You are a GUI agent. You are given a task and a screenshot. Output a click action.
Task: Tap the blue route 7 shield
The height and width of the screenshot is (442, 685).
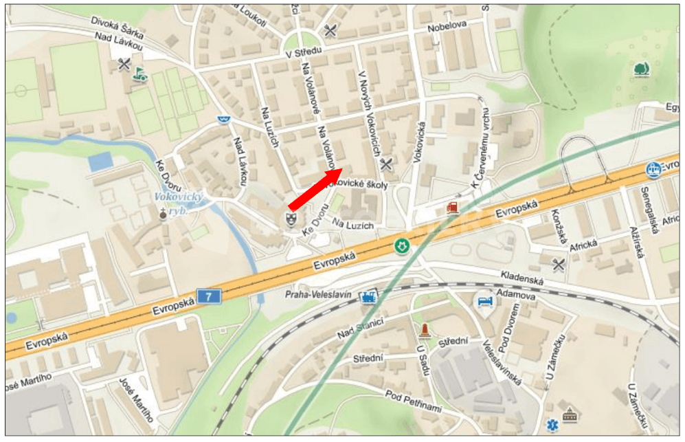pos(209,296)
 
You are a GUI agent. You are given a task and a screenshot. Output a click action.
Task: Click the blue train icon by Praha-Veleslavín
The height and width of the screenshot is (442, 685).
pos(369,297)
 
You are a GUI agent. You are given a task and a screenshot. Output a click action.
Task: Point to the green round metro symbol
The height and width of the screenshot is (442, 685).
pos(401,245)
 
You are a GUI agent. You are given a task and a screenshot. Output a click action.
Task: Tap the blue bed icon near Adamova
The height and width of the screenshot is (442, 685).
pos(485,300)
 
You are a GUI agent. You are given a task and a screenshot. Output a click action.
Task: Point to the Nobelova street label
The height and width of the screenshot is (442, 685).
pos(447,25)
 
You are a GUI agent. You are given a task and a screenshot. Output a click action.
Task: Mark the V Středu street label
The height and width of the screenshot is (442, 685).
pos(303,52)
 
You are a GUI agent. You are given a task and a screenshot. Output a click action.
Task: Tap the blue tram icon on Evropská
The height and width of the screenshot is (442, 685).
pos(654,168)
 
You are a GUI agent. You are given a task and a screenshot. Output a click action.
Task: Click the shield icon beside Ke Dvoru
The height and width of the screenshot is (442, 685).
pos(291,219)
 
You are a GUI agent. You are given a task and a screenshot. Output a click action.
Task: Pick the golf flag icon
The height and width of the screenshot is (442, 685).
pos(141,73)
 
